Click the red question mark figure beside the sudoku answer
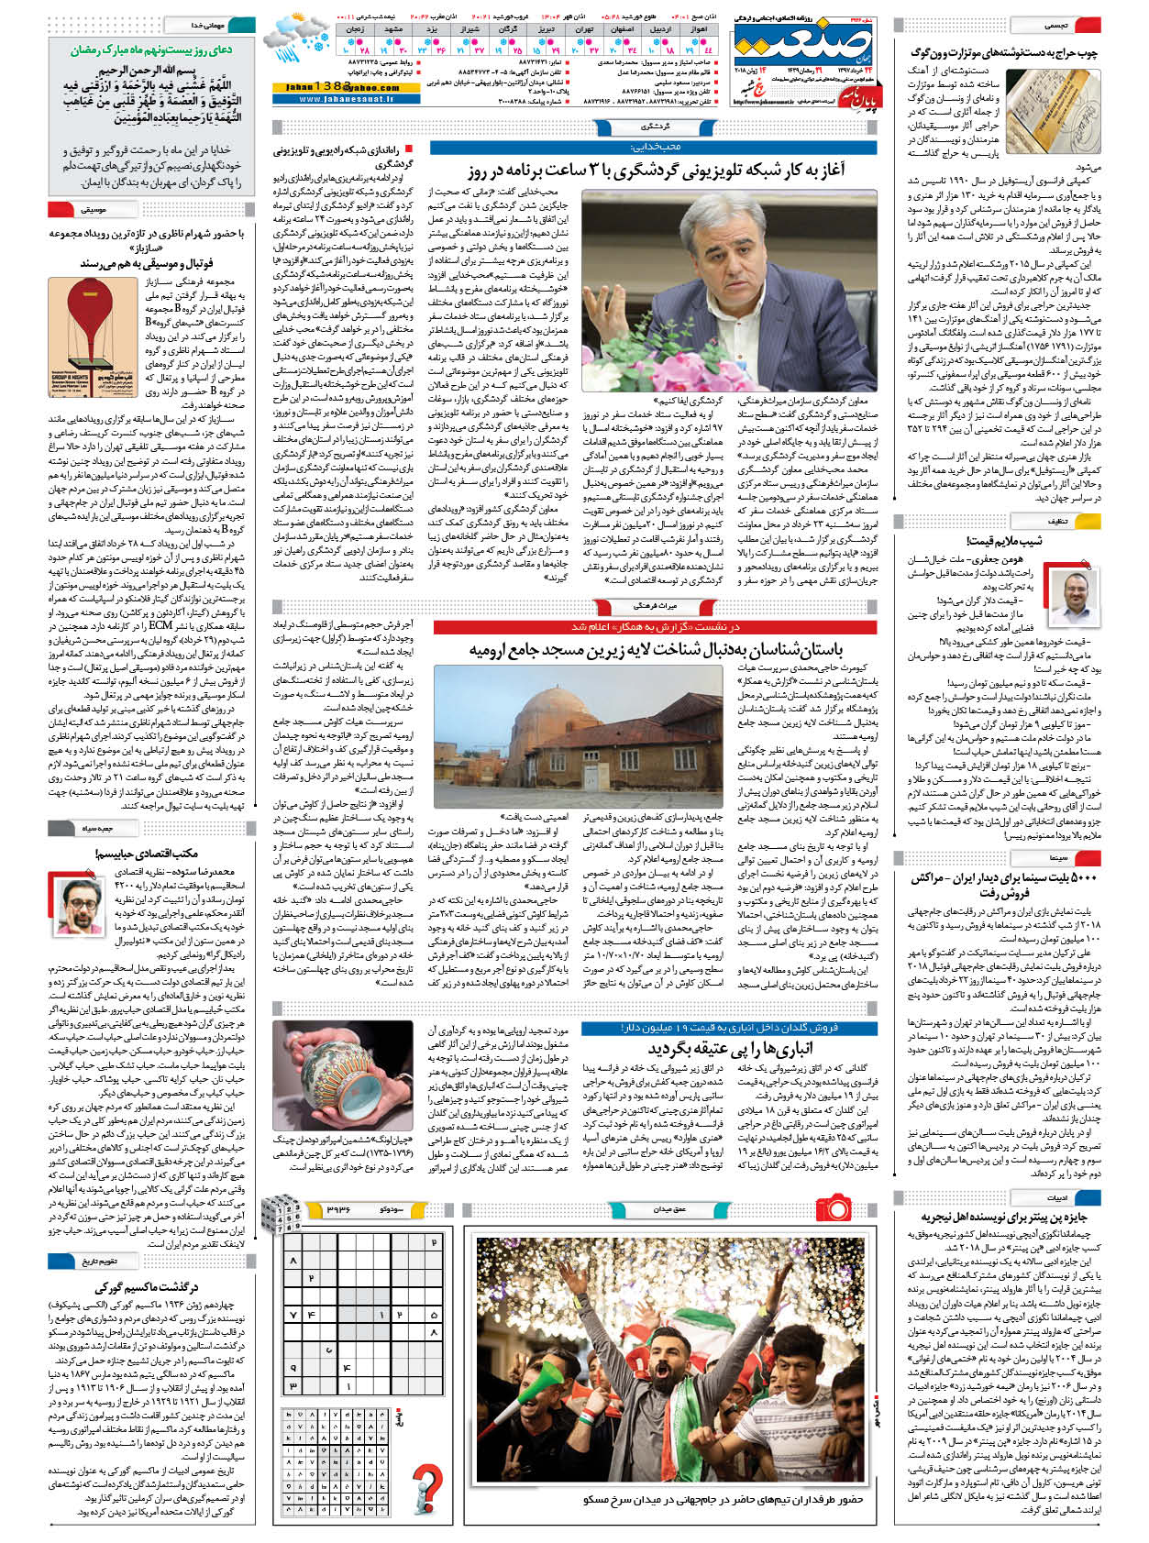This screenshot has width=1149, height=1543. click(x=427, y=1486)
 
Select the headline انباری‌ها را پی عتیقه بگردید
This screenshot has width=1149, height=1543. click(x=730, y=1047)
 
